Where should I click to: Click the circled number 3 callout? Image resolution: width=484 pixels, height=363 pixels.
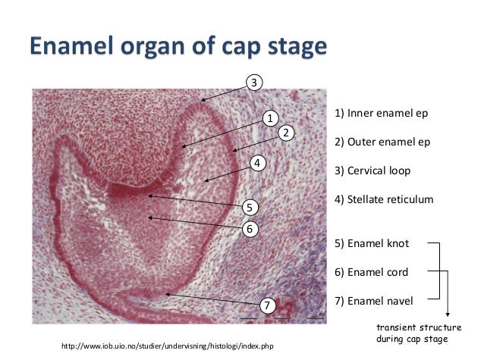(x=255, y=82)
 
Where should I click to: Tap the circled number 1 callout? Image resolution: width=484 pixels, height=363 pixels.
(x=269, y=117)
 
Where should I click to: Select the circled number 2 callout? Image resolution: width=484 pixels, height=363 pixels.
(x=286, y=133)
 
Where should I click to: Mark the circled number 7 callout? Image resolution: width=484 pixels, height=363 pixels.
(x=266, y=305)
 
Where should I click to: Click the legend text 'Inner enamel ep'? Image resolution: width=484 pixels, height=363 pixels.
(x=382, y=114)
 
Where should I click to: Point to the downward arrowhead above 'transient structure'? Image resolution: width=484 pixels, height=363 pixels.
(x=448, y=314)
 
